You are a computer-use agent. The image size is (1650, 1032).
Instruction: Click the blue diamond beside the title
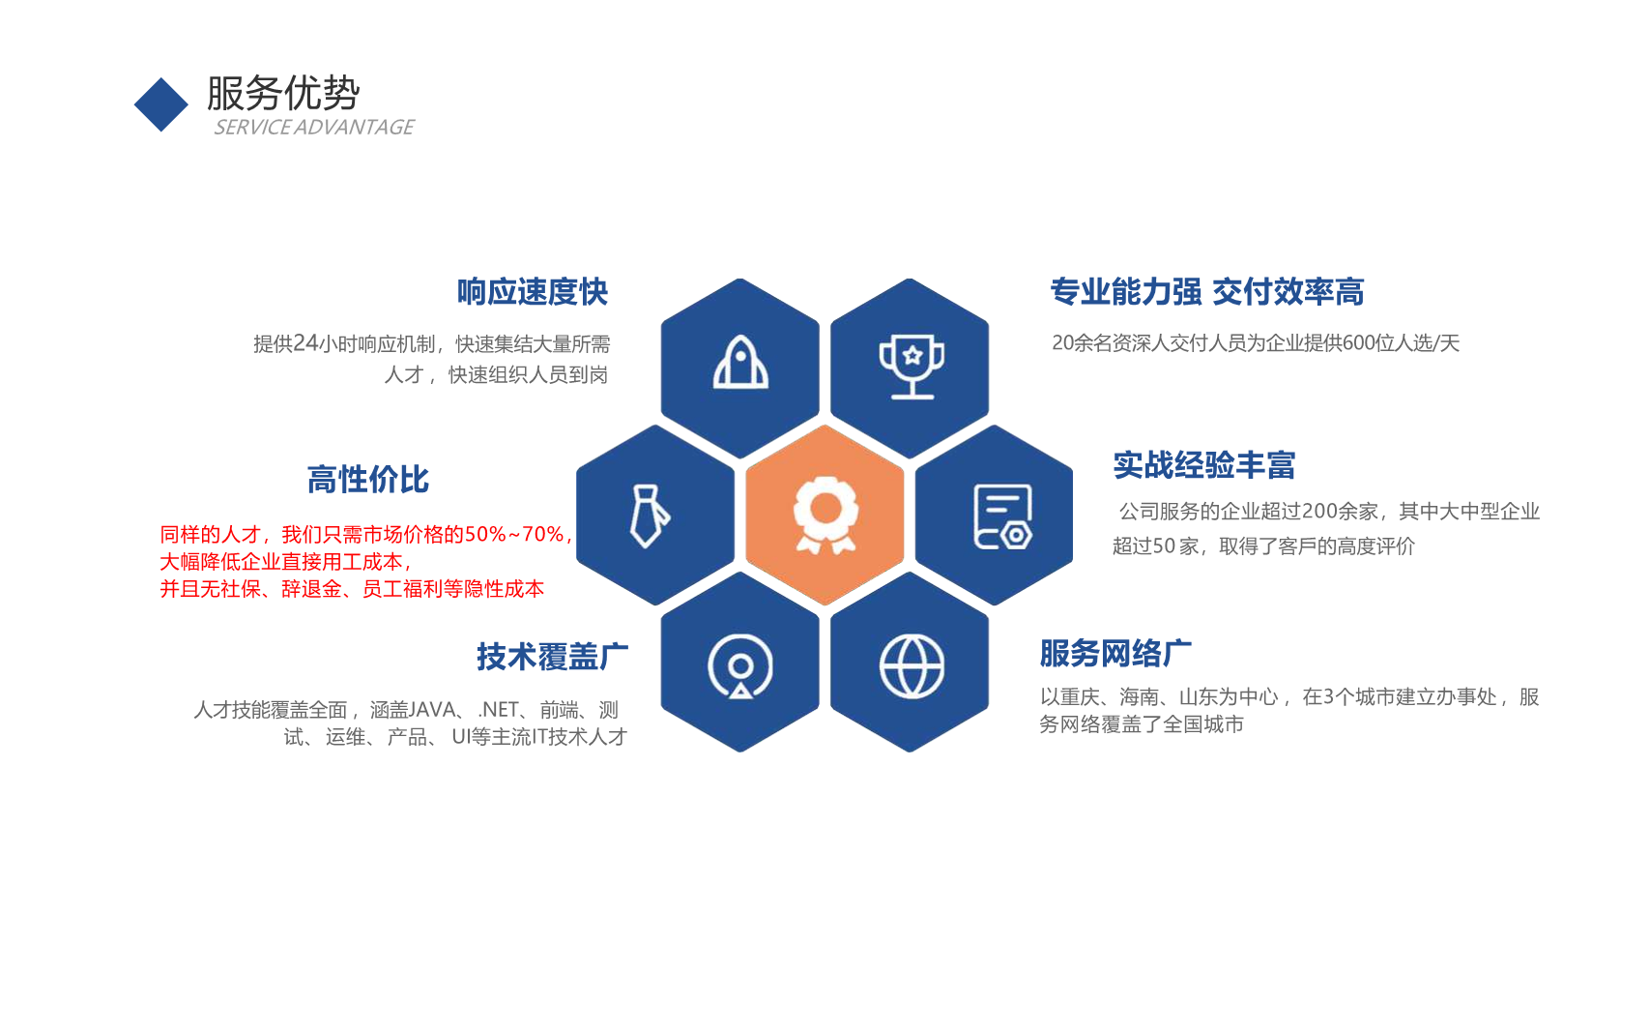(x=161, y=104)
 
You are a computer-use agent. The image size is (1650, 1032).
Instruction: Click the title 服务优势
(x=283, y=93)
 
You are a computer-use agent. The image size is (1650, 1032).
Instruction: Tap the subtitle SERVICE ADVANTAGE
(x=314, y=128)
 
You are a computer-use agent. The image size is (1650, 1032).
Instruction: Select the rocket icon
(x=740, y=362)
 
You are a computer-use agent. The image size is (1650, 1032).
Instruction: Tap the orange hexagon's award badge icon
(x=825, y=515)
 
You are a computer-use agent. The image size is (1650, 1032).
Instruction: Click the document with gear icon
(x=1002, y=516)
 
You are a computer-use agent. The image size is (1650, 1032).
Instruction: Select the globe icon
(x=912, y=666)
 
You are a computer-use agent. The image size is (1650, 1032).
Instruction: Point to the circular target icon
(x=740, y=665)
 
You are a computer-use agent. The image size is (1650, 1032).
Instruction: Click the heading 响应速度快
(x=533, y=292)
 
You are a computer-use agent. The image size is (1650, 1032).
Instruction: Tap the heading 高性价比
(x=367, y=479)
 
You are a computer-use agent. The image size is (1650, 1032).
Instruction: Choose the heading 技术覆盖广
(x=553, y=656)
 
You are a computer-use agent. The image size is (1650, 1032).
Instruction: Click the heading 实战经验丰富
(x=1203, y=465)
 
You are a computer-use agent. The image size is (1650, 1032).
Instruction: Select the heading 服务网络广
(x=1115, y=653)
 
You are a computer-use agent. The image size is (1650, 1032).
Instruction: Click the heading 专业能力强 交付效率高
(x=1206, y=292)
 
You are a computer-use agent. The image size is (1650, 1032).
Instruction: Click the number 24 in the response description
(x=305, y=343)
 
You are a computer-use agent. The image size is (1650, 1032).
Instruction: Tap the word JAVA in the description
(x=432, y=709)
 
